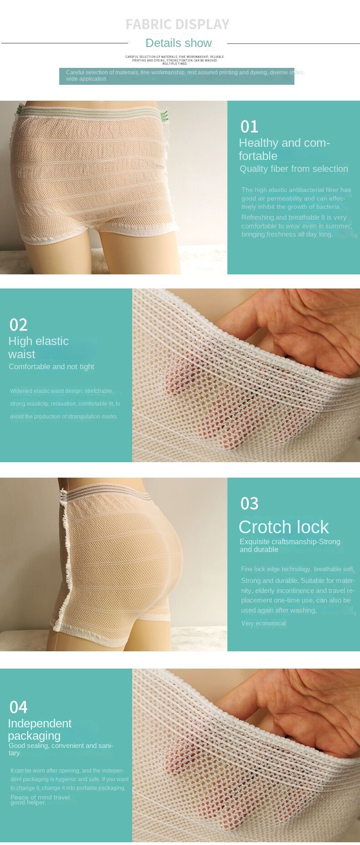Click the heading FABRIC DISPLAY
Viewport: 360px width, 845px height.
pos(177,24)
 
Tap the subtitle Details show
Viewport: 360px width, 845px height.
pos(178,43)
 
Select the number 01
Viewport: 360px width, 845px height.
pos(249,127)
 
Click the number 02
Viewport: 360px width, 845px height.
pos(18,325)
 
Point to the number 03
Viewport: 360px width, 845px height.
pos(249,504)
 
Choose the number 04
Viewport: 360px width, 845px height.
pos(18,707)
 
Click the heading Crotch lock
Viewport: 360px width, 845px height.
pos(283,527)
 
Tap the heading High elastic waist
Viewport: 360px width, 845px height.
pos(38,347)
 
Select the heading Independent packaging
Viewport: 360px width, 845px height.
pos(40,729)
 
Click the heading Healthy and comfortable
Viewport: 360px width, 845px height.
pos(284,149)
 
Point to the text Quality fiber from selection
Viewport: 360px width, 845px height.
pos(293,169)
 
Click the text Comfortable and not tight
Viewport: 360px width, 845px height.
pos(51,366)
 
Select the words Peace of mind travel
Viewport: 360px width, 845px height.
pos(40,797)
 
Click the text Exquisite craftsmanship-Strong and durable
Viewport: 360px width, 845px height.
pos(290,545)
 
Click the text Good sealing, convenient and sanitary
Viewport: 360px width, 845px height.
pos(61,749)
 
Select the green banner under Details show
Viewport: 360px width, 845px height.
pos(176,76)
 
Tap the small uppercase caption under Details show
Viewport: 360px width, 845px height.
pos(175,60)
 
